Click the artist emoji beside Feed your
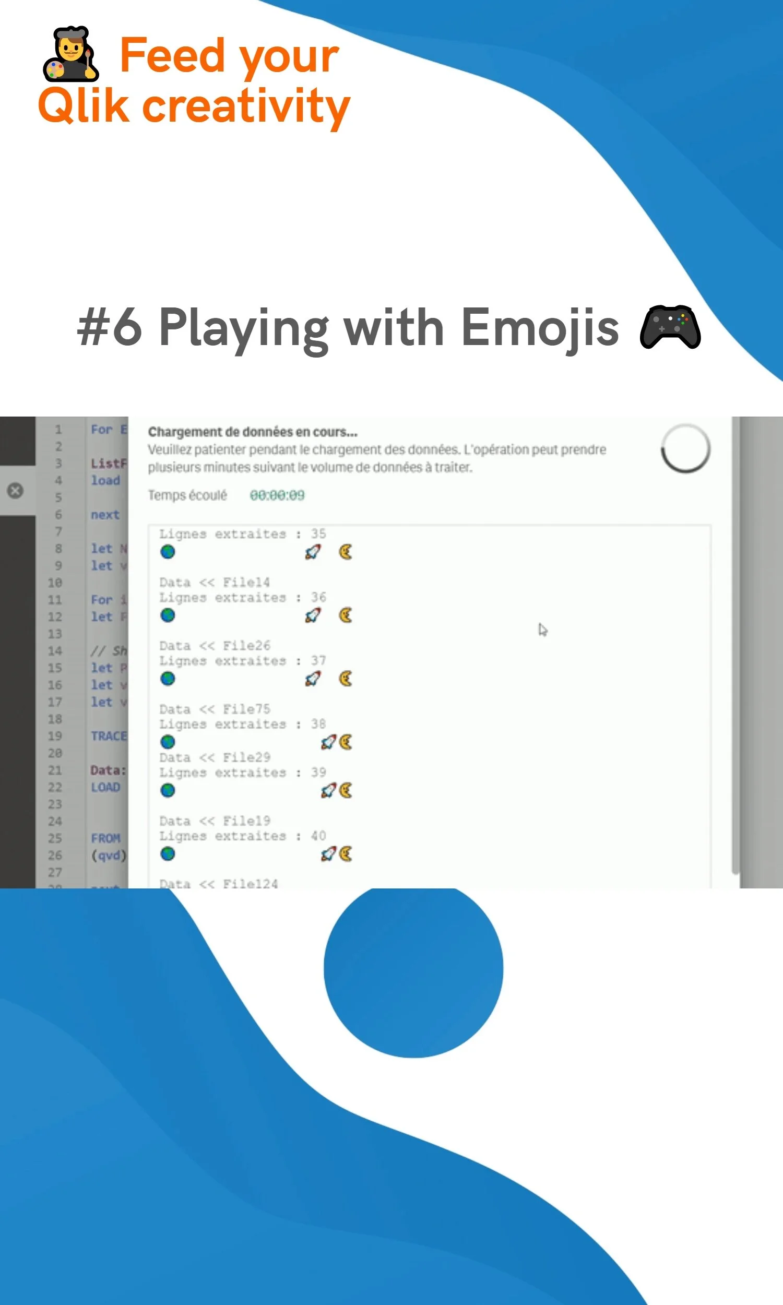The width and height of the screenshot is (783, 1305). point(70,54)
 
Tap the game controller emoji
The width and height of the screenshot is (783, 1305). point(670,327)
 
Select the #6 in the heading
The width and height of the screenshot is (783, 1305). point(110,328)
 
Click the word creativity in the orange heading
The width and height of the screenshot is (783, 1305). point(246,106)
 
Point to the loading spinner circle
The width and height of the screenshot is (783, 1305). point(685,448)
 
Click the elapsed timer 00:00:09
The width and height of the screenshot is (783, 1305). point(277,495)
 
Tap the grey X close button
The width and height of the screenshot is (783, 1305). point(15,491)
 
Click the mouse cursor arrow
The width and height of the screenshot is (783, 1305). point(542,630)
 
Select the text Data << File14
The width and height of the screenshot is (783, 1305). point(214,583)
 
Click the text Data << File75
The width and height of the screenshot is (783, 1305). point(214,709)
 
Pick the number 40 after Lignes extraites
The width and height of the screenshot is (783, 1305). point(318,836)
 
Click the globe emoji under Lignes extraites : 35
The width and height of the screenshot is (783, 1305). point(168,552)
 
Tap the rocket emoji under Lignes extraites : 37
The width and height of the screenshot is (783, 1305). point(313,679)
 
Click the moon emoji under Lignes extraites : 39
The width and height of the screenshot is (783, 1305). point(346,790)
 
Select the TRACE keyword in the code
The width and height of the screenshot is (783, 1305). point(109,736)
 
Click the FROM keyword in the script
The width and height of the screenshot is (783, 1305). point(105,838)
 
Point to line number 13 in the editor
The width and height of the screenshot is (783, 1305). point(55,634)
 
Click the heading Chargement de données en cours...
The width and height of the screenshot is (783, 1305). point(252,432)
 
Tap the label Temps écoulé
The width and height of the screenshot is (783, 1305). point(187,495)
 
